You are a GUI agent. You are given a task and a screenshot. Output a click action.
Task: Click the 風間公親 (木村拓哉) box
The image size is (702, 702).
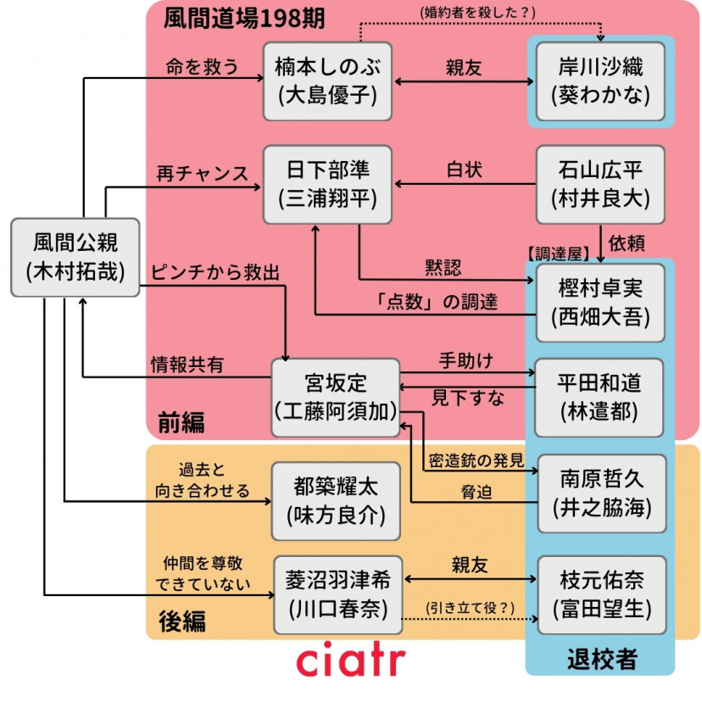[x=75, y=257]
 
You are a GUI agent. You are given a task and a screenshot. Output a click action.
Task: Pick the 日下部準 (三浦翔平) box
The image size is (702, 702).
[x=326, y=184]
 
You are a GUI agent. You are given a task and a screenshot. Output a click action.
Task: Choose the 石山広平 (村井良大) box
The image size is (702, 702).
[x=600, y=184]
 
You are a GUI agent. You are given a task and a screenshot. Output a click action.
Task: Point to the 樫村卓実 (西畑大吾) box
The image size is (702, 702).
[x=600, y=303]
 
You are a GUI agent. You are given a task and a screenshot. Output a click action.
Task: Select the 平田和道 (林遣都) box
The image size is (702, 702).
[x=600, y=398]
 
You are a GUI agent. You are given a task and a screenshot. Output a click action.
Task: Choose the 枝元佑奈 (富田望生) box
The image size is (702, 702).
[x=600, y=594]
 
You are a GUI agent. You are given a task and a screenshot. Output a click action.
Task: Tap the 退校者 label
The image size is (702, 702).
[x=601, y=659]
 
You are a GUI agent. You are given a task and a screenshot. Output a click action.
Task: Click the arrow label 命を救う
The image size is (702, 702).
[x=197, y=67]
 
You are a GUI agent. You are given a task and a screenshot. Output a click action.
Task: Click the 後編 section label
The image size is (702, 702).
[x=181, y=621]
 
